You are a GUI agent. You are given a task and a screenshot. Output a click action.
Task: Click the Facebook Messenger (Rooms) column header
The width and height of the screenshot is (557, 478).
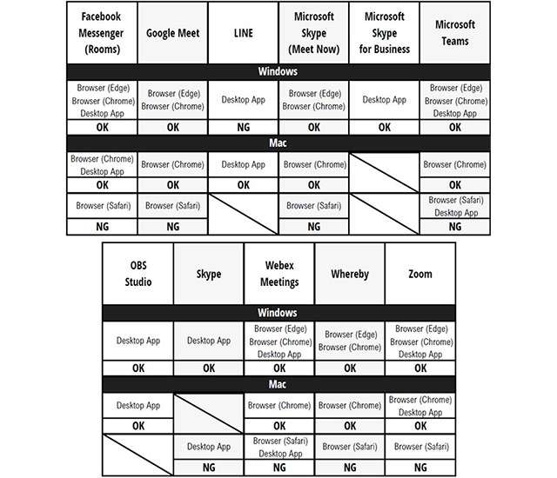coord(102,33)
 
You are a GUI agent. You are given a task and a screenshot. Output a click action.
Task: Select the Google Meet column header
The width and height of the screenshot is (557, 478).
coord(172,33)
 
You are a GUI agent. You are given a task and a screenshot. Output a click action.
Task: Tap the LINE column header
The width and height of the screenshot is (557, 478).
coord(243,33)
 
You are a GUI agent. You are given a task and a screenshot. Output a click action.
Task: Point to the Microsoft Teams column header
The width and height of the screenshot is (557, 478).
coord(454,33)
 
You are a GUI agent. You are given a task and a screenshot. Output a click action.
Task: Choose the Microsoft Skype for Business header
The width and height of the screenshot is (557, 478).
coord(384,33)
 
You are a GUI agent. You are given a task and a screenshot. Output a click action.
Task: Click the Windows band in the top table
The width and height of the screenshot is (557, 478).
coord(278,71)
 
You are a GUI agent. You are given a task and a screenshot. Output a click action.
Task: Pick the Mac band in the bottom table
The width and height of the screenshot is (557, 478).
coord(278,383)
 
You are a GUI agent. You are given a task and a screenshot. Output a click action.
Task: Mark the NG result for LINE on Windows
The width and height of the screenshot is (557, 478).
coord(243,127)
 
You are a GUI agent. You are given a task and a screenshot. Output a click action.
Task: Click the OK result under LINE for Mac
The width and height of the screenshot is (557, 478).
coord(243,184)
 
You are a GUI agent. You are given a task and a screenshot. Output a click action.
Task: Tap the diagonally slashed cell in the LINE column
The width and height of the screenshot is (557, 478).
coord(243,213)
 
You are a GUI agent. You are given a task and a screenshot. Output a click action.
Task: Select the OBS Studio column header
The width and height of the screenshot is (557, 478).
coord(138,274)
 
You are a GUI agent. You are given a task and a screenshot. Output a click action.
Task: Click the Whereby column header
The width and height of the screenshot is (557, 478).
coord(349,274)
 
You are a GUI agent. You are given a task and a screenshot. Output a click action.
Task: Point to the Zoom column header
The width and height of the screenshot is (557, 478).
coord(420,274)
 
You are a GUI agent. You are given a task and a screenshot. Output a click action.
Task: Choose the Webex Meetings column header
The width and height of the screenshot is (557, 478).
coord(278,274)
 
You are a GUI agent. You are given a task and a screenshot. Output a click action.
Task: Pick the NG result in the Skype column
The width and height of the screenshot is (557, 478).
coord(208,466)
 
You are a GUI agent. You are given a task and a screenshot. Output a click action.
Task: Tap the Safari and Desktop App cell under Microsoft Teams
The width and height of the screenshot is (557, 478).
coord(454,206)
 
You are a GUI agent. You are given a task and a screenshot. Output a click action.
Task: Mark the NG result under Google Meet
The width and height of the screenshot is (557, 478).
coord(172,226)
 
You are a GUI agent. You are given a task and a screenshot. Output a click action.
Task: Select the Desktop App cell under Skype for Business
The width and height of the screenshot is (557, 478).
coord(384,100)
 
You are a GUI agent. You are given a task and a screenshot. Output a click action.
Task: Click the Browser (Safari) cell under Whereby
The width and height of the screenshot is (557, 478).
coord(349,447)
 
